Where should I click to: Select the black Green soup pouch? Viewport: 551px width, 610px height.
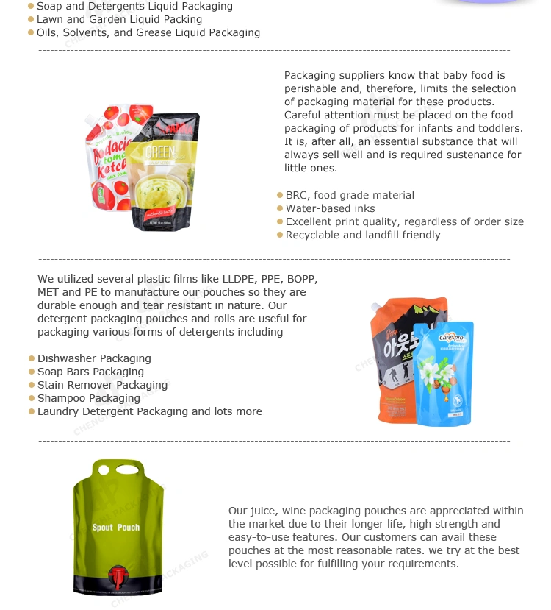[x=164, y=177]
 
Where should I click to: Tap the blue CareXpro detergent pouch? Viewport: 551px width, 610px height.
[x=443, y=375]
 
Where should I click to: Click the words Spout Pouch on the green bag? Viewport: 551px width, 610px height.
[x=115, y=528]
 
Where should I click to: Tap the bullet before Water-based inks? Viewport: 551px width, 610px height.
[x=280, y=209]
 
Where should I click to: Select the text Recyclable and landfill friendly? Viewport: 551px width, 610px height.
[x=363, y=235]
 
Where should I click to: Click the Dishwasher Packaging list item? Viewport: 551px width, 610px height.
[x=94, y=359]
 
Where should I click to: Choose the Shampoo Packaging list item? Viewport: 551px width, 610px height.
[x=89, y=399]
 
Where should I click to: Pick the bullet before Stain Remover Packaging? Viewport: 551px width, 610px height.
[x=32, y=386]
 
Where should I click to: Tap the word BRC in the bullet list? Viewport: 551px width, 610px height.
[x=297, y=196]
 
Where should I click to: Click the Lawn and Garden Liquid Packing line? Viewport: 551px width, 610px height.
[x=119, y=20]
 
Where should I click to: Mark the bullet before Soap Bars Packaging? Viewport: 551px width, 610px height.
[x=32, y=372]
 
